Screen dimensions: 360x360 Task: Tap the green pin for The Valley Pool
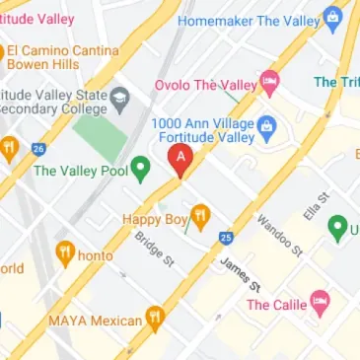tap(141, 170)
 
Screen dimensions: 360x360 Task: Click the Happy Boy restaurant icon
tap(200, 216)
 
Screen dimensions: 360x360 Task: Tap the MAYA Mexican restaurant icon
tap(154, 319)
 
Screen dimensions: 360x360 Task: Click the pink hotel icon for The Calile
tap(319, 303)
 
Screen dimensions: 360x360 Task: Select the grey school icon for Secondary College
tap(120, 96)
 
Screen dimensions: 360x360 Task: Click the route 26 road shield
tap(38, 149)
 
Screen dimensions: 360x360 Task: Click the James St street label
tap(240, 272)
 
